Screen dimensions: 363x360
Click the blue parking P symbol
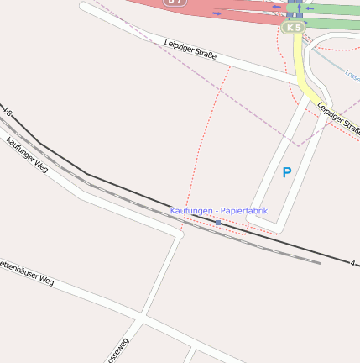(286, 173)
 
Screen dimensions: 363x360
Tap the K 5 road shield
(292, 28)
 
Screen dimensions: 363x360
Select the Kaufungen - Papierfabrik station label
(218, 210)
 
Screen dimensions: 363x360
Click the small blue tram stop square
(217, 223)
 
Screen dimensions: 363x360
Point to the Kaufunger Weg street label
(27, 154)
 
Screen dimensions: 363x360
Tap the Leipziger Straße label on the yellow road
(339, 117)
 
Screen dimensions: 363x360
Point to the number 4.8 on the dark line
(8, 111)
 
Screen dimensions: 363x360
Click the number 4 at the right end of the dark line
(353, 263)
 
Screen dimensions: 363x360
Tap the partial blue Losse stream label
(352, 76)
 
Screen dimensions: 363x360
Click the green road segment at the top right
(336, 10)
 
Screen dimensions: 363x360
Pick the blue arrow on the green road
(310, 8)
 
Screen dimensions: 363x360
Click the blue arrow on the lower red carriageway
(217, 13)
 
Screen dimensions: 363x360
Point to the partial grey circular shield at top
(175, 3)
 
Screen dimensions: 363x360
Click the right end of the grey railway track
(319, 262)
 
